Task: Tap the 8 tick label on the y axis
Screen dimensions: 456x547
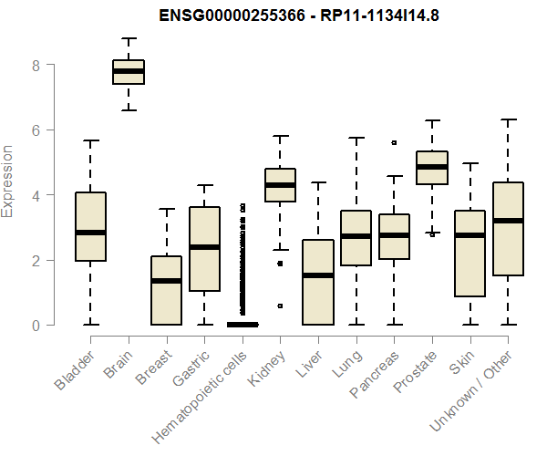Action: point(36,66)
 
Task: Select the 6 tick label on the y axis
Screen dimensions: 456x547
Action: point(36,130)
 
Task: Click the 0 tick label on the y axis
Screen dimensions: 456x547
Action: point(36,325)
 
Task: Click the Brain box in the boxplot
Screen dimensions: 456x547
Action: point(129,72)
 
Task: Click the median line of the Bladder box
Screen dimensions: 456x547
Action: point(90,233)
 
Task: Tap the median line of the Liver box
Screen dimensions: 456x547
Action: point(318,275)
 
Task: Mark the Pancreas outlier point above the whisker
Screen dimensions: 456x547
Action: point(394,143)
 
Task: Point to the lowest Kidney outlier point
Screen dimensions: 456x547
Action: point(280,306)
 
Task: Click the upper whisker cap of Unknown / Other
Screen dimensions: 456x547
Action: point(508,119)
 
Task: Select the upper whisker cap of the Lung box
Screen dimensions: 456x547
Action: point(356,138)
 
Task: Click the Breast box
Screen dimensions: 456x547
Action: point(167,290)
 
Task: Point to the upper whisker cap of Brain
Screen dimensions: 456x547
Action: point(129,39)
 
